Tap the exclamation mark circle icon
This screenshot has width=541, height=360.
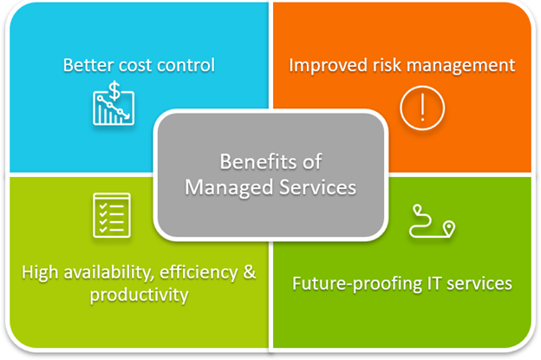[422, 108]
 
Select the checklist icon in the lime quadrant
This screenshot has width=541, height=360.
[112, 214]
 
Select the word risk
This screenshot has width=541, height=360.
[387, 65]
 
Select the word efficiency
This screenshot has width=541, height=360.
[199, 272]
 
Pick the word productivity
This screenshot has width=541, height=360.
[139, 295]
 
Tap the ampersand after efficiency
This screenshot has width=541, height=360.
[249, 272]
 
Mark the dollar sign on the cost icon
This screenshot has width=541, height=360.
[114, 89]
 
